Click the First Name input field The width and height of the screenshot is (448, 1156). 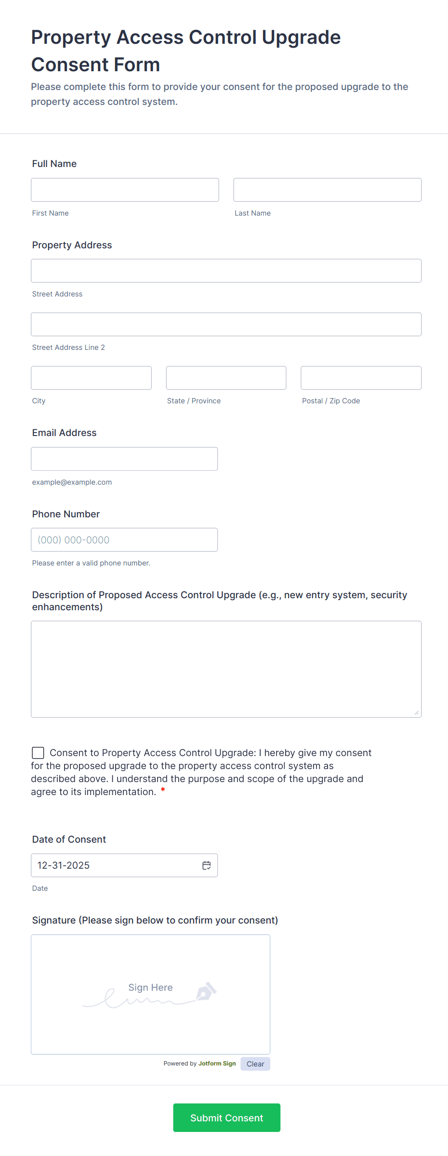click(125, 190)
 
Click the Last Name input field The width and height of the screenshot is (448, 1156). click(327, 190)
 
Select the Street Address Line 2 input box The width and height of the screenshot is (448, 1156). click(226, 324)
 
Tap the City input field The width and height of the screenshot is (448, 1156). click(91, 378)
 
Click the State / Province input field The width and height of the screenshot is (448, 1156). click(226, 378)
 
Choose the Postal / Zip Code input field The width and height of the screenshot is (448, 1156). click(361, 378)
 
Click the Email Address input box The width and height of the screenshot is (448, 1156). click(124, 459)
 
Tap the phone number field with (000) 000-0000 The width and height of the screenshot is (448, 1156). click(124, 539)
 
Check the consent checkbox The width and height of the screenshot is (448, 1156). click(38, 753)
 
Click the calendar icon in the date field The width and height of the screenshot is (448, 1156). click(207, 865)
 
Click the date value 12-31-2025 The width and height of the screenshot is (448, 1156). click(64, 865)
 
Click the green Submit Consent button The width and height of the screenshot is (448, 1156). click(226, 1117)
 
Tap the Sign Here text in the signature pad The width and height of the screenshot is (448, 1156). click(150, 988)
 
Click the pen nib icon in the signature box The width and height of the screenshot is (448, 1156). click(206, 991)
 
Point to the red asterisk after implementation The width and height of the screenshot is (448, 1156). click(163, 790)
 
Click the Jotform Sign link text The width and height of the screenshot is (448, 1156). click(217, 1064)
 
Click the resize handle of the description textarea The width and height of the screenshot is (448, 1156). click(417, 713)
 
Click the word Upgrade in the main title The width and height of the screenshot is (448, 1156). click(301, 38)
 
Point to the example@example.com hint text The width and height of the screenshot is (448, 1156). click(72, 482)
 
